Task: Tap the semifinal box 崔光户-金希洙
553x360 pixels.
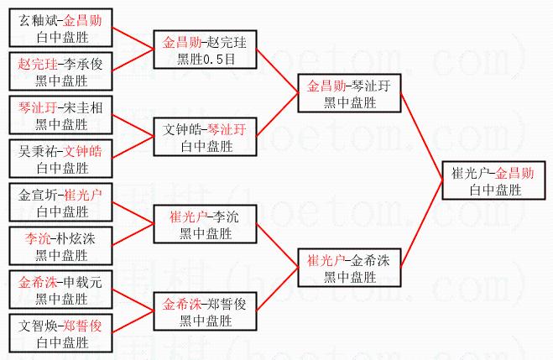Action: pyautogui.click(x=347, y=268)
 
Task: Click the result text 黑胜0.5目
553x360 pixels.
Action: pyautogui.click(x=203, y=59)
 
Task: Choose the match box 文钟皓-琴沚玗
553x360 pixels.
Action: pyautogui.click(x=203, y=138)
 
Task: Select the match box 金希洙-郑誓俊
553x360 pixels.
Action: pyautogui.click(x=203, y=311)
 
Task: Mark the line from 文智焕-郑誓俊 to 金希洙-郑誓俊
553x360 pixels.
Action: pyautogui.click(x=132, y=323)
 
